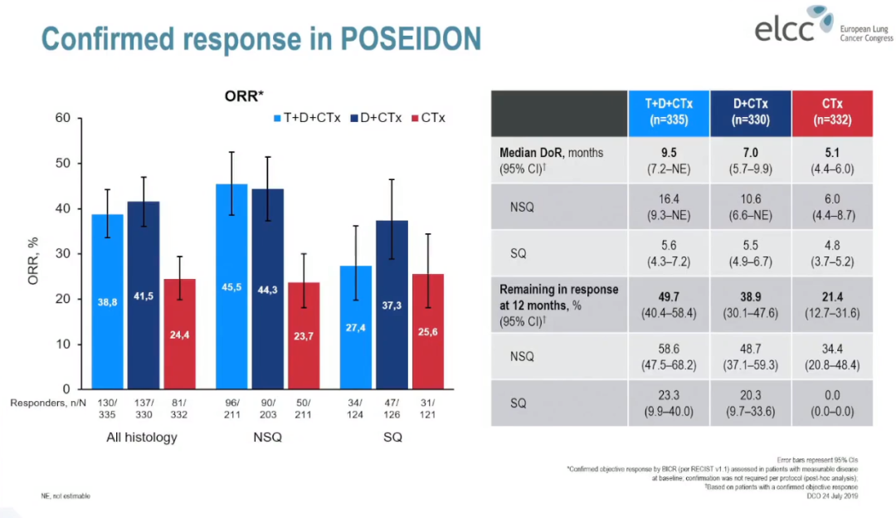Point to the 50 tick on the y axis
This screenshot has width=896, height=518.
(62, 163)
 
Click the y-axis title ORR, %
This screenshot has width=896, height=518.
(32, 252)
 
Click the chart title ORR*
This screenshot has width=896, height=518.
(244, 95)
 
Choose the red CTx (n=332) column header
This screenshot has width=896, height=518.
(832, 113)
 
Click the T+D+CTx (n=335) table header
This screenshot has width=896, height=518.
(668, 113)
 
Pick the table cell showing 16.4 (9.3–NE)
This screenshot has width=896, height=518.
(668, 207)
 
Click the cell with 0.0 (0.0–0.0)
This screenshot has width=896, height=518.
(832, 403)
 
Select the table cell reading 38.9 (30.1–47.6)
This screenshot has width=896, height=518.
(750, 301)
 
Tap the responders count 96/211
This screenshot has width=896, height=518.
(233, 408)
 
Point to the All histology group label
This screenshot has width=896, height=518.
(141, 437)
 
